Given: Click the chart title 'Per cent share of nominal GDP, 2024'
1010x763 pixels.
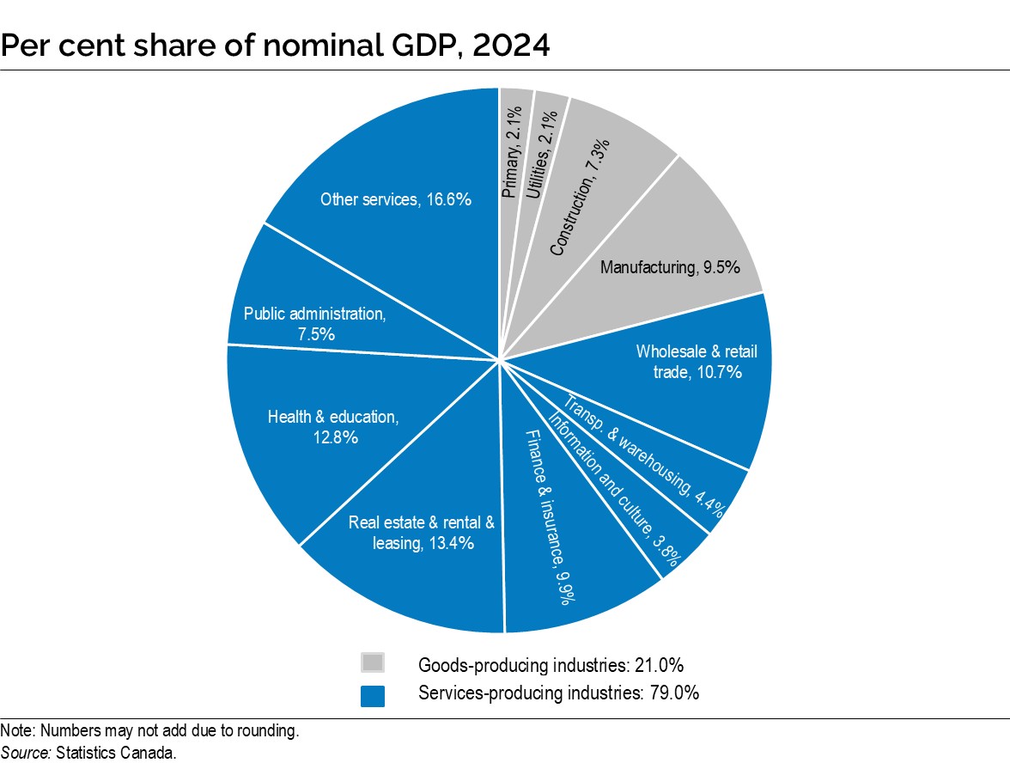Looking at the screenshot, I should pyautogui.click(x=275, y=44).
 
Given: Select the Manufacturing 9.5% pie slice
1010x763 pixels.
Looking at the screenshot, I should pyautogui.click(x=661, y=258).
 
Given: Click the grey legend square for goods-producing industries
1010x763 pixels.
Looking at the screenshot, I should pyautogui.click(x=373, y=662).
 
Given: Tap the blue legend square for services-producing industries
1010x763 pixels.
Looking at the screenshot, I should pyautogui.click(x=373, y=694).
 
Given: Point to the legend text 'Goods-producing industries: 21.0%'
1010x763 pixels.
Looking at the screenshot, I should pyautogui.click(x=550, y=664).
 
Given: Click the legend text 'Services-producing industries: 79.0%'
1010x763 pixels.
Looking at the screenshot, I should pyautogui.click(x=558, y=693).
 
